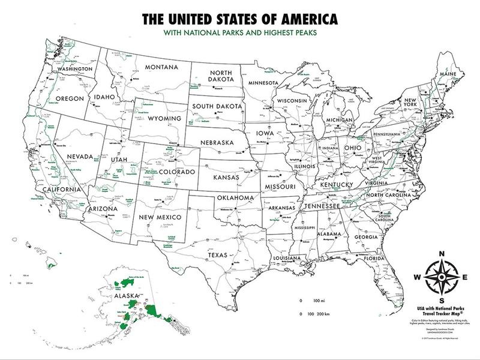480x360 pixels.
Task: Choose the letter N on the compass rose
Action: (x=442, y=254)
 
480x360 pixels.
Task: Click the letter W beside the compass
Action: (x=417, y=277)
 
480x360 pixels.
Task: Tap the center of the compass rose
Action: (x=442, y=277)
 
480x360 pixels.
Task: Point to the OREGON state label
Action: (x=67, y=98)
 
